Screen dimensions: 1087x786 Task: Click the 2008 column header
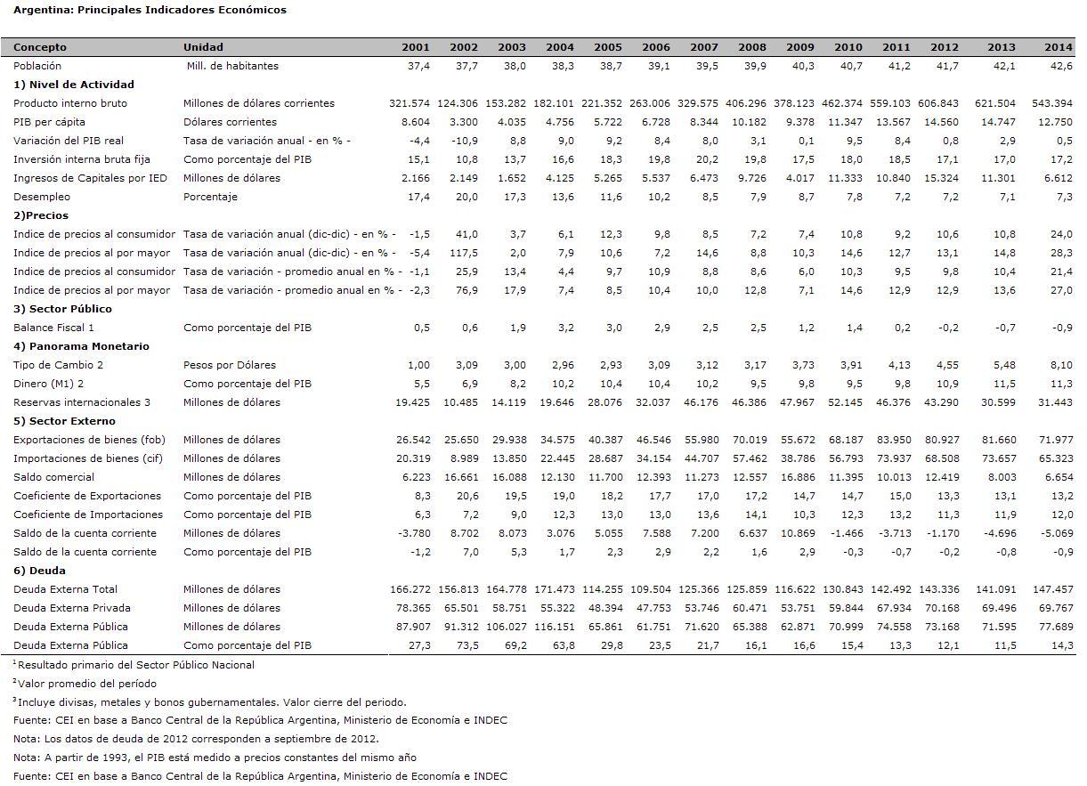752,47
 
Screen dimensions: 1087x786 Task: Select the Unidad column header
203,47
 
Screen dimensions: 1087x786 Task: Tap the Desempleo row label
42,197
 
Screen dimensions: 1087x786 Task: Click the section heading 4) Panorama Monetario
82,346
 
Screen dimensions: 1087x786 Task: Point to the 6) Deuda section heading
39,571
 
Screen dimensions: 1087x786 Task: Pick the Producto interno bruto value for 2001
410,103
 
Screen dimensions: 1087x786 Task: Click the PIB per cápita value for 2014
1055,122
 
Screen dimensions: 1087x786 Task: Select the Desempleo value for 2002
466,197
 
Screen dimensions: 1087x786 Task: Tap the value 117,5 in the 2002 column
464,254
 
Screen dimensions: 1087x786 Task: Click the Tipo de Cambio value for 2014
1061,365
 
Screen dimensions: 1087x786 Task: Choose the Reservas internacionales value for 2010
845,402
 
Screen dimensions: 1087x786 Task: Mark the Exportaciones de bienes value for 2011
894,440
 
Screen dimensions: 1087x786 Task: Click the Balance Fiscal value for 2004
566,328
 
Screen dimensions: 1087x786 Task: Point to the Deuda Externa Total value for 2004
554,589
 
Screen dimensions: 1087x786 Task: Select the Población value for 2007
707,66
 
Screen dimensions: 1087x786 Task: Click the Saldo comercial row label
54,477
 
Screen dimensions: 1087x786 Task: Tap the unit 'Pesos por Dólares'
230,365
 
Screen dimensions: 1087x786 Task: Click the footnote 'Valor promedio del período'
85,684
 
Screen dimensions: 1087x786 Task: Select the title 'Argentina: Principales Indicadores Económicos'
150,10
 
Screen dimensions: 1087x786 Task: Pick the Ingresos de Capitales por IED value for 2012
941,179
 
